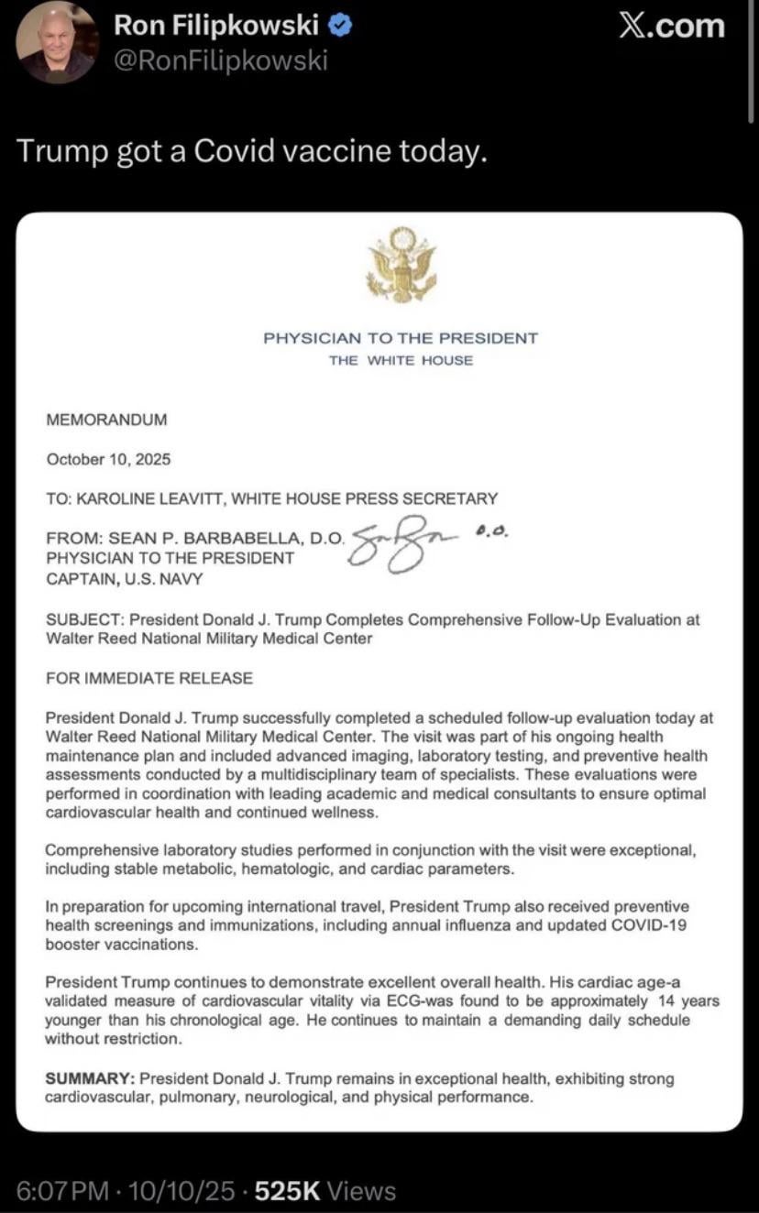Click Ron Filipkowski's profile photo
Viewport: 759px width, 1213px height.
click(x=57, y=41)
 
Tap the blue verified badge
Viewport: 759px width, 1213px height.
click(x=340, y=27)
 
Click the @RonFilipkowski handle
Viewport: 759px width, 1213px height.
click(x=220, y=60)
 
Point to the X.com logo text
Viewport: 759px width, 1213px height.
click(x=672, y=26)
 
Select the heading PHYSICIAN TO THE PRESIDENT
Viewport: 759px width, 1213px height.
click(x=401, y=338)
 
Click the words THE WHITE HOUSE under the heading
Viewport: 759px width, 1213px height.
click(x=401, y=360)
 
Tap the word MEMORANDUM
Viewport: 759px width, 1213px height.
click(x=106, y=420)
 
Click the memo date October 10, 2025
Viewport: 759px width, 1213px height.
click(x=108, y=459)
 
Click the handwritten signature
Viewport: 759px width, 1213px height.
click(x=403, y=545)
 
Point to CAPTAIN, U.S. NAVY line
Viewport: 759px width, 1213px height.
click(x=124, y=578)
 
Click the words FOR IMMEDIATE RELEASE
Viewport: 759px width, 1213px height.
click(x=148, y=678)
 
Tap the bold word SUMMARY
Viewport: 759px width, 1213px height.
click(x=89, y=1078)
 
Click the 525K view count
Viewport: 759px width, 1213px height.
click(x=287, y=1190)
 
